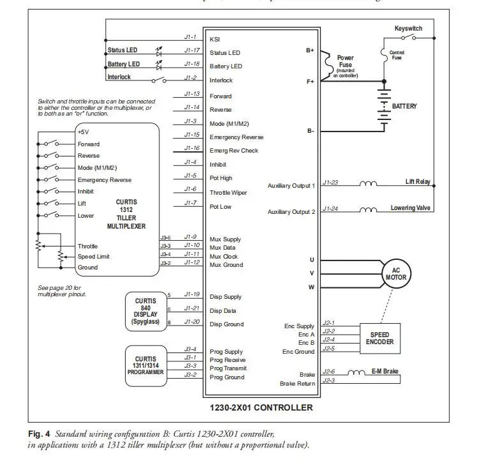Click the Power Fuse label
point(345,62)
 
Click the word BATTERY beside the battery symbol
point(404,107)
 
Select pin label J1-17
point(191,50)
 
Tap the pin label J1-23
point(330,183)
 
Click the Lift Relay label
point(418,183)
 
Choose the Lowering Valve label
point(411,209)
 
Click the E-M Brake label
point(385,371)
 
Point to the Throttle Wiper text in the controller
point(229,192)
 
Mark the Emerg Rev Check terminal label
point(234,151)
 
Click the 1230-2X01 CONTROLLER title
point(261,407)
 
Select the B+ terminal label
point(310,50)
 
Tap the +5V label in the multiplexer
point(84,132)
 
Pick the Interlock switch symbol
point(159,80)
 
